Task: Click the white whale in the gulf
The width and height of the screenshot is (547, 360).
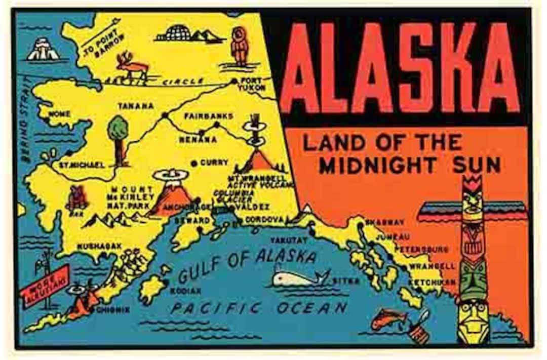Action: click(299, 278)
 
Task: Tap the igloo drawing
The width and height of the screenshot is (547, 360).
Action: click(173, 34)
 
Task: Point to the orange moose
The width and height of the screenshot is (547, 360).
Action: click(130, 66)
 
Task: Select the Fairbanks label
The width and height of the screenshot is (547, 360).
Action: click(209, 116)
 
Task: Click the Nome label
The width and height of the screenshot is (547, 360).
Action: click(60, 114)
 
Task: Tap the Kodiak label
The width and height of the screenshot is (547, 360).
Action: click(185, 291)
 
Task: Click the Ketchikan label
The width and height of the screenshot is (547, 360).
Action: click(427, 282)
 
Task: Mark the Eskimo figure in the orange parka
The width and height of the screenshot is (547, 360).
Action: click(239, 45)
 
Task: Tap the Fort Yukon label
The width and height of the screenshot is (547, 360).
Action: click(252, 84)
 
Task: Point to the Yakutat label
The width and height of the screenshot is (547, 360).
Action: click(289, 239)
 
